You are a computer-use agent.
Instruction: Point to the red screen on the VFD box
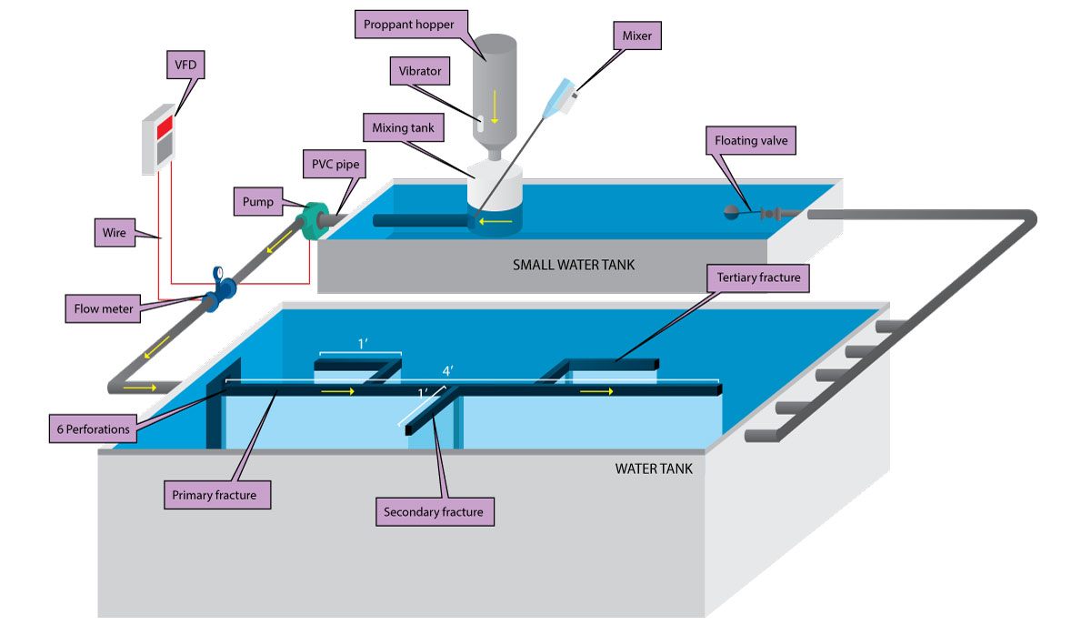pos(164,127)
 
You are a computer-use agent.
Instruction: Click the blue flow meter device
pos(220,285)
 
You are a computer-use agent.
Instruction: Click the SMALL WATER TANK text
pos(573,266)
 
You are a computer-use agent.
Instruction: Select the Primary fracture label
pos(221,496)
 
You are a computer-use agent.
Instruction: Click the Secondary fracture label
pos(435,511)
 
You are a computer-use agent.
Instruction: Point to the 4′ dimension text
pos(447,372)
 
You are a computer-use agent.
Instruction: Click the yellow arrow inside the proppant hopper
pos(495,108)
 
